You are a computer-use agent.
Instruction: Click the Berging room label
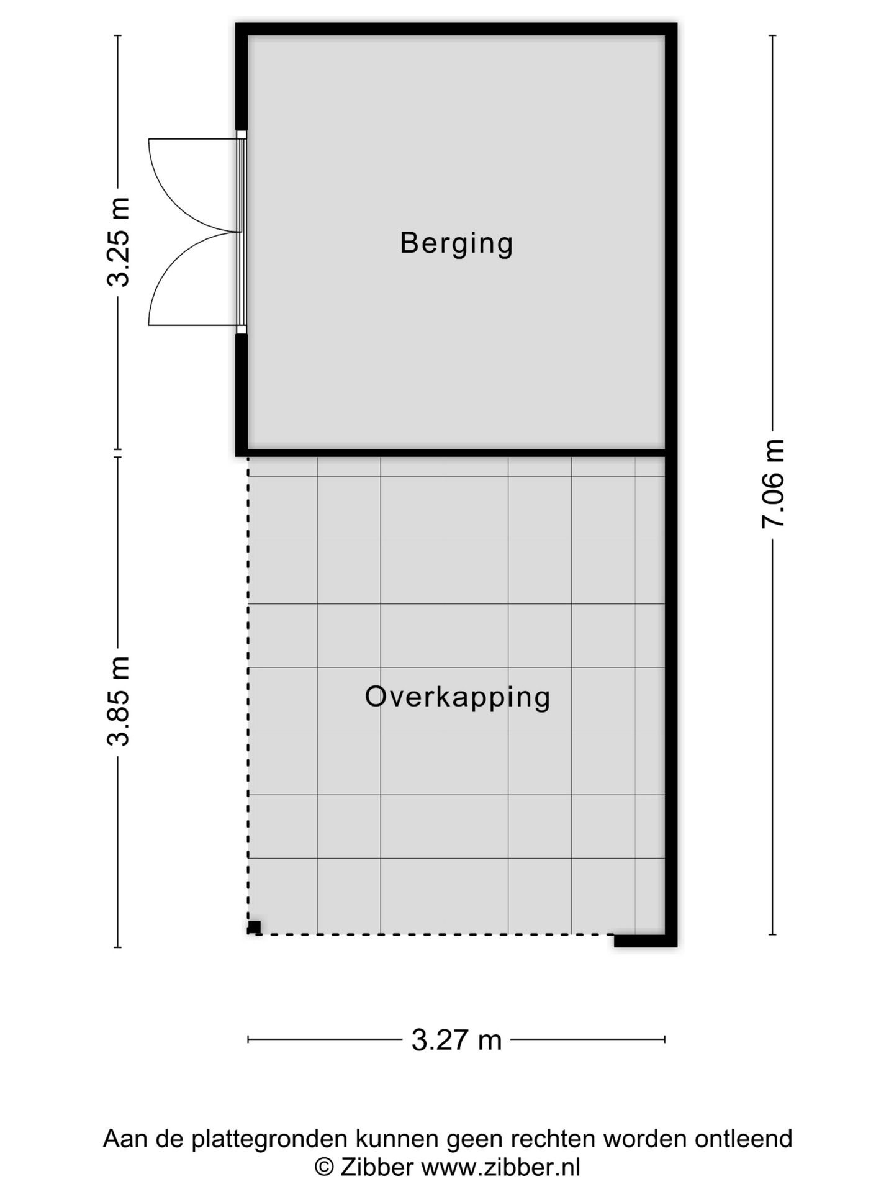456,243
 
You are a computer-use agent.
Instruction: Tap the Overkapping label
458,697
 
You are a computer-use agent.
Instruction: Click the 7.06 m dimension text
774,484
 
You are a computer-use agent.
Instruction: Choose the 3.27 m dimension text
456,1040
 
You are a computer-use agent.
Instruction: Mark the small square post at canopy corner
254,928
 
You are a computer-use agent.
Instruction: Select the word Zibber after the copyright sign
376,1167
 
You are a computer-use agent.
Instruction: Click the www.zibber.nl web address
500,1167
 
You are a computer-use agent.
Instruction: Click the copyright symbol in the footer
323,1167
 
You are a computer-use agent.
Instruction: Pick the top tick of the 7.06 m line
773,36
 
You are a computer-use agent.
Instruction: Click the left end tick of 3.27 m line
248,1039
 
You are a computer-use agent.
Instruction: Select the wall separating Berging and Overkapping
456,453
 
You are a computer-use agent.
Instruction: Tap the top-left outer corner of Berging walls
238,25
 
